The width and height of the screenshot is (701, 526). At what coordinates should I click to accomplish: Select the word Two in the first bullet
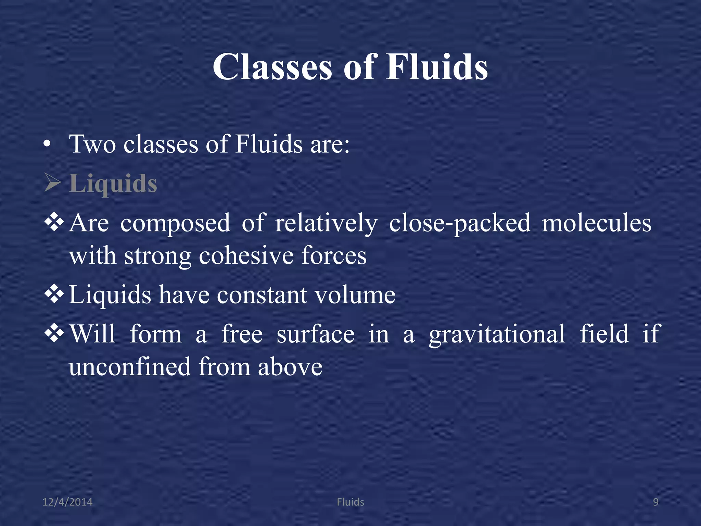point(92,144)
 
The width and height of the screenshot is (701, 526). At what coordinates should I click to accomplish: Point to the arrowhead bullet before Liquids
point(53,183)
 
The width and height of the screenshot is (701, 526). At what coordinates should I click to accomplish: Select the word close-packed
point(460,223)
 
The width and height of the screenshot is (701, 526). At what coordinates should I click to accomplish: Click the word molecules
point(597,223)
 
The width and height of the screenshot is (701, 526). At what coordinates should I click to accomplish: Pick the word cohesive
point(246,256)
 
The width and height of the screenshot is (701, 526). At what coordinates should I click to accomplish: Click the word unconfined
point(130,367)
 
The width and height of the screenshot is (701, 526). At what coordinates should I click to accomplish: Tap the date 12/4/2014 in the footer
point(67,502)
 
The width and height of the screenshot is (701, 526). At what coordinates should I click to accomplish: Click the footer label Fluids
point(350,502)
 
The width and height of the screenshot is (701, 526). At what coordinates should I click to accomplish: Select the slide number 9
point(655,502)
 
